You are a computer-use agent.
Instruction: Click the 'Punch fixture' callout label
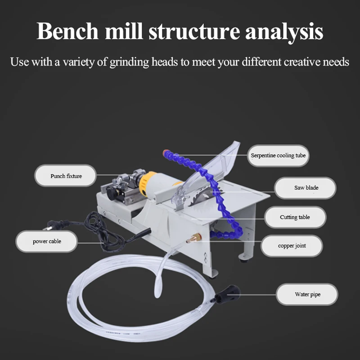pyautogui.click(x=66, y=176)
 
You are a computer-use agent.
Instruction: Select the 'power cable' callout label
pyautogui.click(x=47, y=241)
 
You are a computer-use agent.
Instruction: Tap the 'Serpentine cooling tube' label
pyautogui.click(x=278, y=156)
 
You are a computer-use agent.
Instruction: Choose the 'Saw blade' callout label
pyautogui.click(x=306, y=187)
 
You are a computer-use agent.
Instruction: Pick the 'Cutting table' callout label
pyautogui.click(x=295, y=217)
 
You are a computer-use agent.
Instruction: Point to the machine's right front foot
pyautogui.click(x=246, y=256)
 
